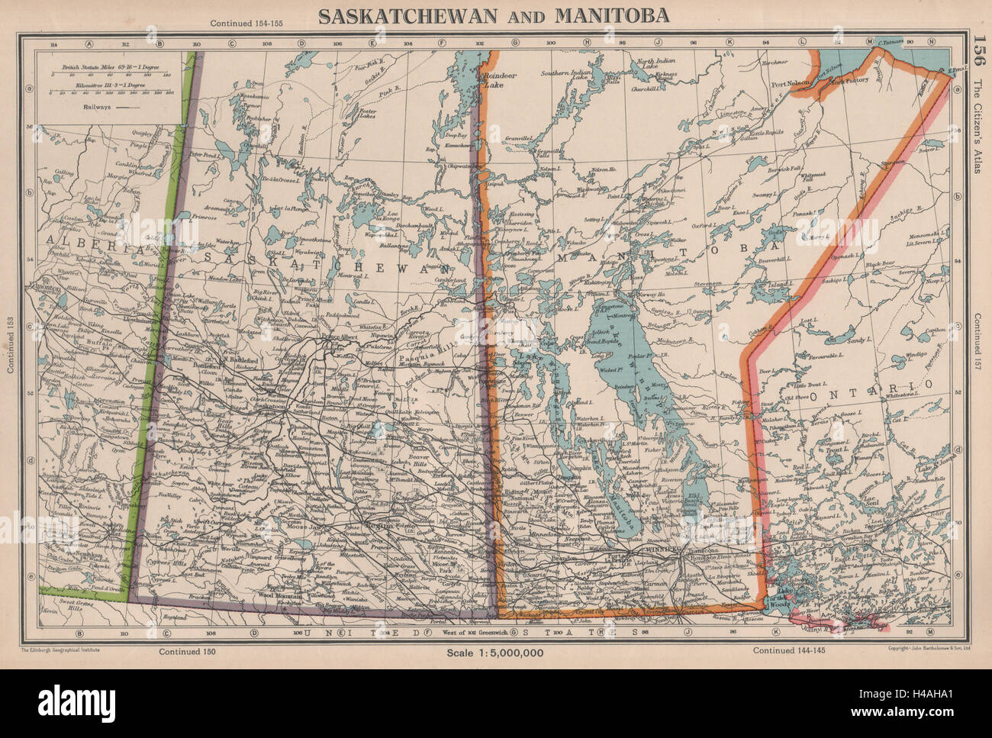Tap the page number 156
(x=977, y=55)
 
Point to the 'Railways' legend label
(x=81, y=108)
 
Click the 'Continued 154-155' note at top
(x=242, y=24)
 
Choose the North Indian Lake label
(x=657, y=67)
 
